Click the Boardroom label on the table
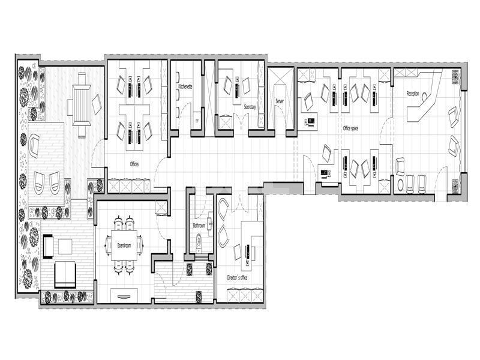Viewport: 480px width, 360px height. [124, 245]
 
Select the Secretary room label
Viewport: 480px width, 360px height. [250, 107]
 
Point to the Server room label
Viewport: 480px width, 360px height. [279, 101]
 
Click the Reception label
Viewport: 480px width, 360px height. [413, 94]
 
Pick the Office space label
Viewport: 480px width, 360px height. [350, 128]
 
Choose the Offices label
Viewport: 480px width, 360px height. [135, 163]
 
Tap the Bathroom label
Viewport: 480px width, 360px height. [199, 226]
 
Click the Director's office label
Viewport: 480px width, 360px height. [237, 278]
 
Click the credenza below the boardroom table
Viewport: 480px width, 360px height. [125, 294]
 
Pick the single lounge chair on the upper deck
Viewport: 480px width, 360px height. [34, 145]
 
